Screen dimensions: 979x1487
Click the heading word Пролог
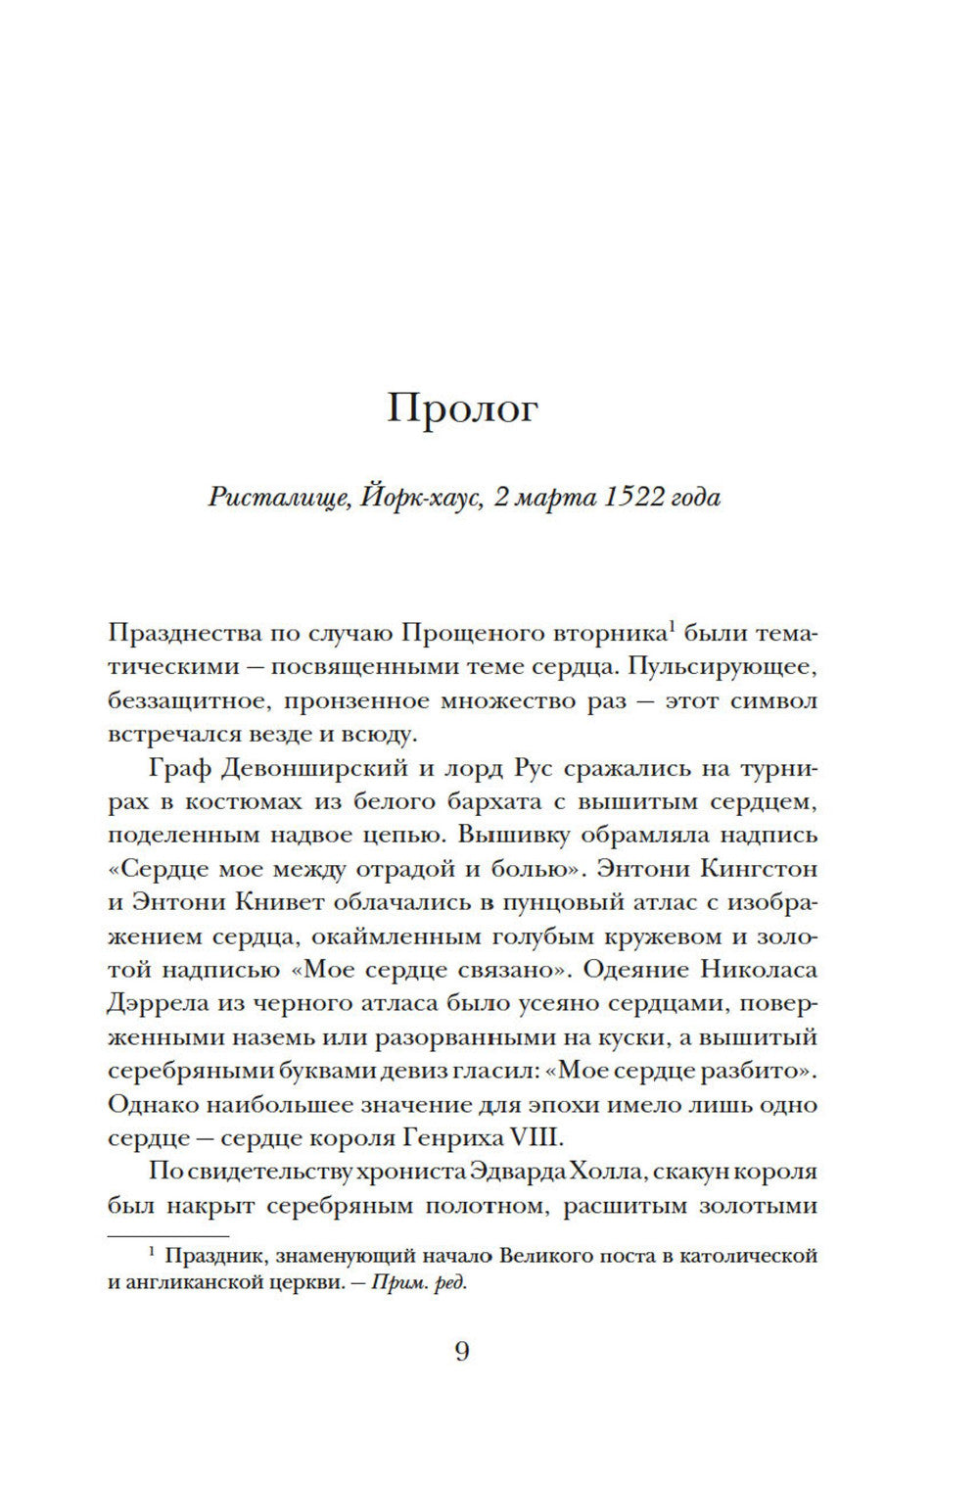point(462,409)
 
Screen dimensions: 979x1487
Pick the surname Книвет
point(285,901)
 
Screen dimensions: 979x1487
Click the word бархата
point(493,800)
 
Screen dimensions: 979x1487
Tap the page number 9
point(462,1352)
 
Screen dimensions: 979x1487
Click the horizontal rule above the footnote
point(167,1235)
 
